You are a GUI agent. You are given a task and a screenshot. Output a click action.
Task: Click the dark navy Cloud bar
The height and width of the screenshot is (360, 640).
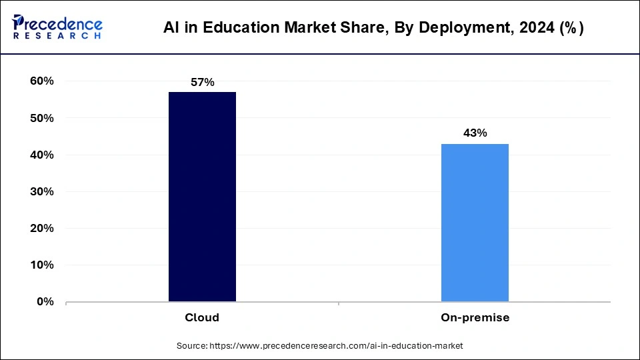pyautogui.click(x=202, y=197)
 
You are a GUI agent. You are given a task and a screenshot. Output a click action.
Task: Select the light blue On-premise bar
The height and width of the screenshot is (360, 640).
pyautogui.click(x=475, y=223)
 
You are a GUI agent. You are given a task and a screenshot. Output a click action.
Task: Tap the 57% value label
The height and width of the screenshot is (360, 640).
pyautogui.click(x=202, y=82)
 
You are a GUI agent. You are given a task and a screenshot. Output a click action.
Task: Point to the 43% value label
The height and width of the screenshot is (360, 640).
pyautogui.click(x=475, y=133)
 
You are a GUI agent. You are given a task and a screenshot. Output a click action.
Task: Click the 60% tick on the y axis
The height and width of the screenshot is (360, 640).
pyautogui.click(x=41, y=81)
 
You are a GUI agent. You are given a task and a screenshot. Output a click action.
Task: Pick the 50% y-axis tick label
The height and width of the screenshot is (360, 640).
pyautogui.click(x=41, y=118)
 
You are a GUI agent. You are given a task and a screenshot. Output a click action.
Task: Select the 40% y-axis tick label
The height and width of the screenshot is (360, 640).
pyautogui.click(x=41, y=155)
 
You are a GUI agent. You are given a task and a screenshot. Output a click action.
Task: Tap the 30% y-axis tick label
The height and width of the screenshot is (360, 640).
pyautogui.click(x=41, y=191)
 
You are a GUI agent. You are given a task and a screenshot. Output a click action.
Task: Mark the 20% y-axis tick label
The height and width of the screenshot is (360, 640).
pyautogui.click(x=41, y=228)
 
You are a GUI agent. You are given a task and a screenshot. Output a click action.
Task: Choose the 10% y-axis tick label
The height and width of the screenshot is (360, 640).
pyautogui.click(x=41, y=265)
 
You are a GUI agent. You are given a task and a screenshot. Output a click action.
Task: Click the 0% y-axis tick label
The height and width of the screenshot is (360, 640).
pyautogui.click(x=45, y=301)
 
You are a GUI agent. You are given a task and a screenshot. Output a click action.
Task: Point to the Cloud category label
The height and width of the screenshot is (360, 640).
pyautogui.click(x=202, y=318)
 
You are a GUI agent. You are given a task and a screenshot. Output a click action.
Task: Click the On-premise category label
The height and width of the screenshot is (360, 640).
pyautogui.click(x=475, y=318)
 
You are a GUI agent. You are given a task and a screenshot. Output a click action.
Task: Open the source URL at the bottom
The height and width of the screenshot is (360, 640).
pyautogui.click(x=336, y=346)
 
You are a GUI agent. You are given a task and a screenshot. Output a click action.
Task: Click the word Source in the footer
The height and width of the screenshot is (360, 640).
pyautogui.click(x=192, y=346)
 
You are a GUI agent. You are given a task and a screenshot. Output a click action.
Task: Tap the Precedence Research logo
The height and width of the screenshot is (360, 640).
pyautogui.click(x=57, y=27)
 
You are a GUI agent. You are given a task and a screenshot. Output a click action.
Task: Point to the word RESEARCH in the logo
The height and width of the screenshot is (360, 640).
pyautogui.click(x=57, y=35)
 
